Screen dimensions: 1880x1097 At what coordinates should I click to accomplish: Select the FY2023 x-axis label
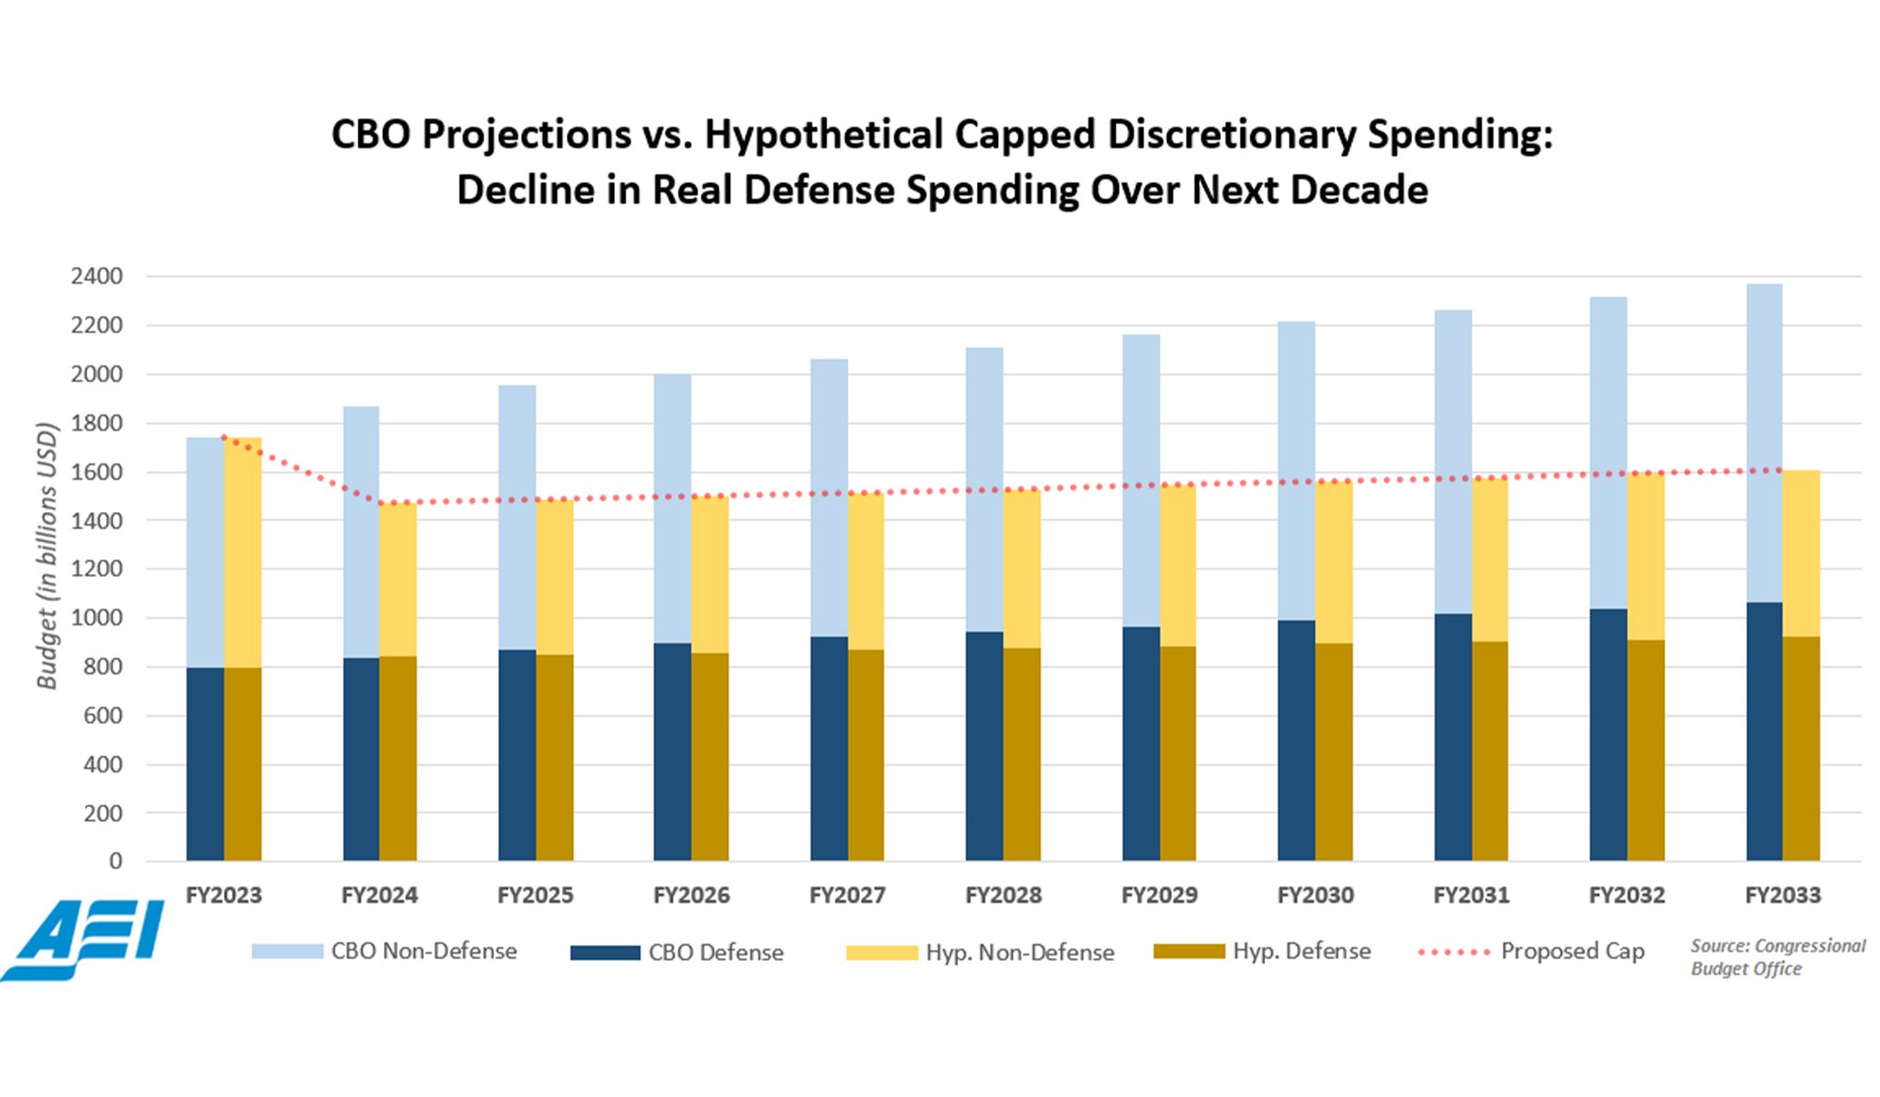click(224, 895)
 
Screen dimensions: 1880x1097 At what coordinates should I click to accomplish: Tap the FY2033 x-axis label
click(1783, 895)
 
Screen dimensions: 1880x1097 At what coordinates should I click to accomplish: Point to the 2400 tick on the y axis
click(96, 276)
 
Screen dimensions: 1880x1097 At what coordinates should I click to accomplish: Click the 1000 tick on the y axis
click(96, 618)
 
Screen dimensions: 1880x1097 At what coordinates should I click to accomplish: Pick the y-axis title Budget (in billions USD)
click(47, 556)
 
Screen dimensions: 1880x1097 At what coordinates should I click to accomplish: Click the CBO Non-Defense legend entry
click(384, 952)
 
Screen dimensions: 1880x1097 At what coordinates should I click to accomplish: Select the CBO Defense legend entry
click(677, 953)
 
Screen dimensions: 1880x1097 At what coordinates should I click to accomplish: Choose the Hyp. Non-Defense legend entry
click(980, 953)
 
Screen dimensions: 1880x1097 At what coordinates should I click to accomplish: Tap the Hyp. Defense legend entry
click(1262, 952)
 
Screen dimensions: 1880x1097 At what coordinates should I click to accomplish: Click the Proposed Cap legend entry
click(1531, 952)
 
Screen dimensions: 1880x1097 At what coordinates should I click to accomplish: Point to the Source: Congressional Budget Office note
click(1778, 957)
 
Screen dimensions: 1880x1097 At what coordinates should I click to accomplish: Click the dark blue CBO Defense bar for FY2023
click(205, 764)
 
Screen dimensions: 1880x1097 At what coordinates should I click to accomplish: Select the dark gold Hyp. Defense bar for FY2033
click(1800, 749)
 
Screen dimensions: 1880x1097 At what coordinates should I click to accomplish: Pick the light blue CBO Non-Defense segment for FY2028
click(984, 490)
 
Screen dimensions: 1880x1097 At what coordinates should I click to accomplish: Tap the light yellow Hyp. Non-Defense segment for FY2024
click(398, 580)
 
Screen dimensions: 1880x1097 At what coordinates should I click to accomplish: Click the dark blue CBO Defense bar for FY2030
click(1296, 741)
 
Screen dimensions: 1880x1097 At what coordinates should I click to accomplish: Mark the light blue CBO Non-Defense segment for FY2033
click(1764, 443)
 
